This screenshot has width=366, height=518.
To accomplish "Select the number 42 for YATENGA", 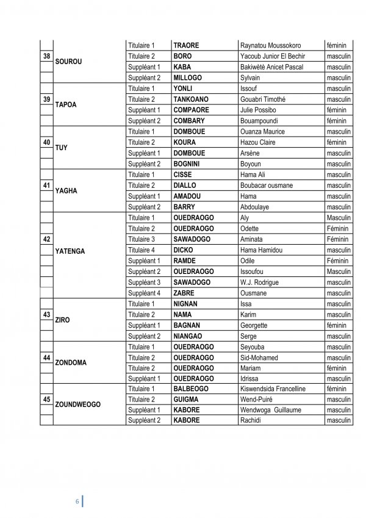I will pyautogui.click(x=46, y=239).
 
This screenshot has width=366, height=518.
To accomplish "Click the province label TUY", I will pyautogui.click(x=61, y=148).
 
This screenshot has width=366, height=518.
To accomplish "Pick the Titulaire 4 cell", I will pyautogui.click(x=142, y=250).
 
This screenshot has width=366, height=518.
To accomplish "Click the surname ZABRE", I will pyautogui.click(x=184, y=293).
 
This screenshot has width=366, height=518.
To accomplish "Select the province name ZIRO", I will pyautogui.click(x=62, y=320).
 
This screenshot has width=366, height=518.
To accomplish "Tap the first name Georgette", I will pyautogui.click(x=254, y=325).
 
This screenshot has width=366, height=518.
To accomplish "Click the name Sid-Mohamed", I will pyautogui.click(x=259, y=358).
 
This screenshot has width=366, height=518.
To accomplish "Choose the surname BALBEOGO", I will pyautogui.click(x=191, y=389).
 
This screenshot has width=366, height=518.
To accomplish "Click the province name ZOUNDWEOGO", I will pyautogui.click(x=77, y=404).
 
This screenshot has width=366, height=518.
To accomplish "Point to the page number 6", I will pyautogui.click(x=77, y=502).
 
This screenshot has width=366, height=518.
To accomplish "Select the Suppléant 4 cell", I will pyautogui.click(x=144, y=293).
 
